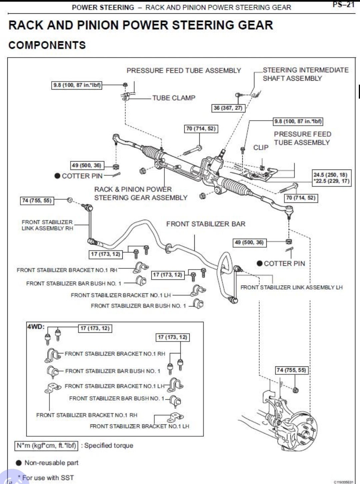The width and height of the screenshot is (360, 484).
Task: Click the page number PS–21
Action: [x=343, y=4]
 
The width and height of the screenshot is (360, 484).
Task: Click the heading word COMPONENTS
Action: [x=47, y=45]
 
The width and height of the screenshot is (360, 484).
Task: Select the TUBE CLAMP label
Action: [x=174, y=98]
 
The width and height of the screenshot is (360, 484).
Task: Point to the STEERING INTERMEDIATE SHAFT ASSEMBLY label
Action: [x=305, y=74]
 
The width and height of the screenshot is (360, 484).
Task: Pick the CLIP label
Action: [x=261, y=148]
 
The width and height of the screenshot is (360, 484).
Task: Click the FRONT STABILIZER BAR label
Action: [x=206, y=224]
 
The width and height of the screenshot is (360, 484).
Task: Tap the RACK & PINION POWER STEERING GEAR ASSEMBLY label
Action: [x=141, y=194]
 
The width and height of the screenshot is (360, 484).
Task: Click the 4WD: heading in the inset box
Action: [x=36, y=326]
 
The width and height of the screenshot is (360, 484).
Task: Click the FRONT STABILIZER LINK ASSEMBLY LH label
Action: [x=291, y=287]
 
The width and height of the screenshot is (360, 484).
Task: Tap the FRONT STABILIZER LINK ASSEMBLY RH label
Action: [x=47, y=225]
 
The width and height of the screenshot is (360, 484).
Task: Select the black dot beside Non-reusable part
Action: [x=19, y=463]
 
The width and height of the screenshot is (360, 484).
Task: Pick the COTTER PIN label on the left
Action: [x=82, y=176]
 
